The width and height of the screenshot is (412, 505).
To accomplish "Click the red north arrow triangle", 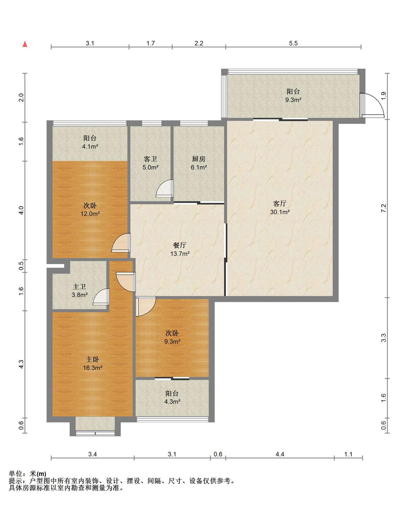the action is pos(25,44).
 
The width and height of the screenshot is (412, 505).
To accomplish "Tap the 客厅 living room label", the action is pos(280,204).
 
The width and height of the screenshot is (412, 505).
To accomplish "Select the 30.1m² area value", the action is pos(280,212).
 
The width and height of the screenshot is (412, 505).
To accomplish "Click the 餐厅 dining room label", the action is pos(180,245).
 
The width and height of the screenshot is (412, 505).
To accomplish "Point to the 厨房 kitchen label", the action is pos(199,159).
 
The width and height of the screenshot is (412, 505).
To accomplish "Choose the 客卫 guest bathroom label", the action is pos(150,159).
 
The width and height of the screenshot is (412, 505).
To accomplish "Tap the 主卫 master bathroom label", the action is pos(79,286).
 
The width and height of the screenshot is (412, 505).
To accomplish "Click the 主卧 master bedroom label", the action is pos(92,359).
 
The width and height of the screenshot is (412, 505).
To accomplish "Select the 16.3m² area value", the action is pos(92,368).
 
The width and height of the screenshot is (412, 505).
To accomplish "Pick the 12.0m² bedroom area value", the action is pos(90,214).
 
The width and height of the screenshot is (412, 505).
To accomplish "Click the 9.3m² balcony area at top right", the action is pos(293,100).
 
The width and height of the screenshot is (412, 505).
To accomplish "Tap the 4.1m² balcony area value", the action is pos(90,147).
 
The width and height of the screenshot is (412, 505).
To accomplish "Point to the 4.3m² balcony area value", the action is pos(172,402).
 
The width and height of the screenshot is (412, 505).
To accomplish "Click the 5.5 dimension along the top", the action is pos(293,43).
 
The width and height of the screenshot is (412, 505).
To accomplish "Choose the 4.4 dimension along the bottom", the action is pos(280,454).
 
